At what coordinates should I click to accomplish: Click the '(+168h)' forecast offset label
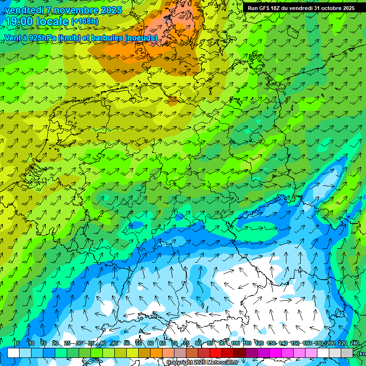(84, 21)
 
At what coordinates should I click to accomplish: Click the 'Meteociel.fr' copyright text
(220, 363)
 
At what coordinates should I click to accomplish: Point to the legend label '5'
(18, 343)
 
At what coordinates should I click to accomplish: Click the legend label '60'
(151, 343)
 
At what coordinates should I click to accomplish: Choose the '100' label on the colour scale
(235, 343)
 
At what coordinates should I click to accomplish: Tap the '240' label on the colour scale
(355, 343)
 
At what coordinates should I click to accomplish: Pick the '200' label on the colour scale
(330, 343)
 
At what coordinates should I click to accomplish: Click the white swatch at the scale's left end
(13, 353)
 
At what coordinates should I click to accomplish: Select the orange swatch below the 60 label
(156, 353)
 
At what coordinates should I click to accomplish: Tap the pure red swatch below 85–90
(216, 353)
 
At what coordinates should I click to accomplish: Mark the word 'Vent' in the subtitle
(12, 38)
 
